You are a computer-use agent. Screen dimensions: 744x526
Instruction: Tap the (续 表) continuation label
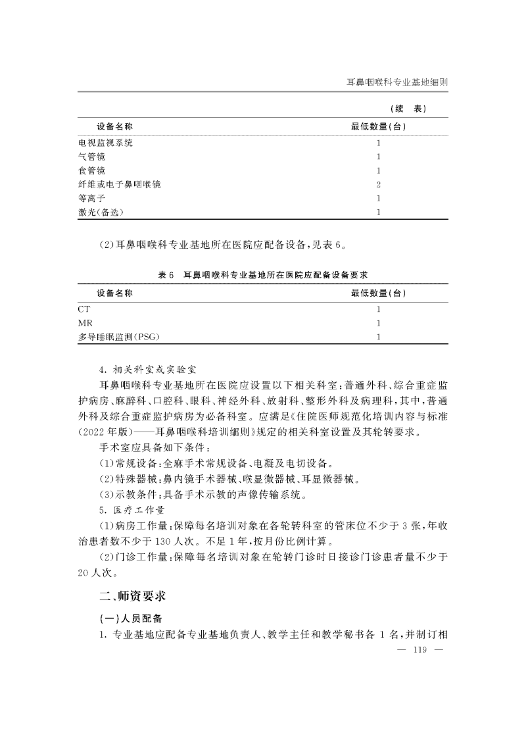click(x=409, y=109)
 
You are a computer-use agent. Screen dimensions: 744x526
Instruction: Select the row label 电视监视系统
click(x=105, y=143)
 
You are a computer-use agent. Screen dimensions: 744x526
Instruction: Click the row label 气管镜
click(x=91, y=157)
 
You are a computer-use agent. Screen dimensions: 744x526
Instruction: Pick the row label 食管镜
click(x=91, y=170)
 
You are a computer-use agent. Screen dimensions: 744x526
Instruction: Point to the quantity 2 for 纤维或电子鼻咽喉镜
click(x=379, y=184)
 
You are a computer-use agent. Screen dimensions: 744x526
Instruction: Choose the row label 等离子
click(x=91, y=198)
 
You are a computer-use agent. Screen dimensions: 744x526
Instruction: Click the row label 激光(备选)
click(x=101, y=212)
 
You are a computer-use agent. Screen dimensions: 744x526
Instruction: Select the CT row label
click(x=84, y=309)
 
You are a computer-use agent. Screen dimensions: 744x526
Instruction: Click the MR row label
click(x=85, y=322)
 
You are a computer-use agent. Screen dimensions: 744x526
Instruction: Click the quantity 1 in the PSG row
click(x=379, y=337)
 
